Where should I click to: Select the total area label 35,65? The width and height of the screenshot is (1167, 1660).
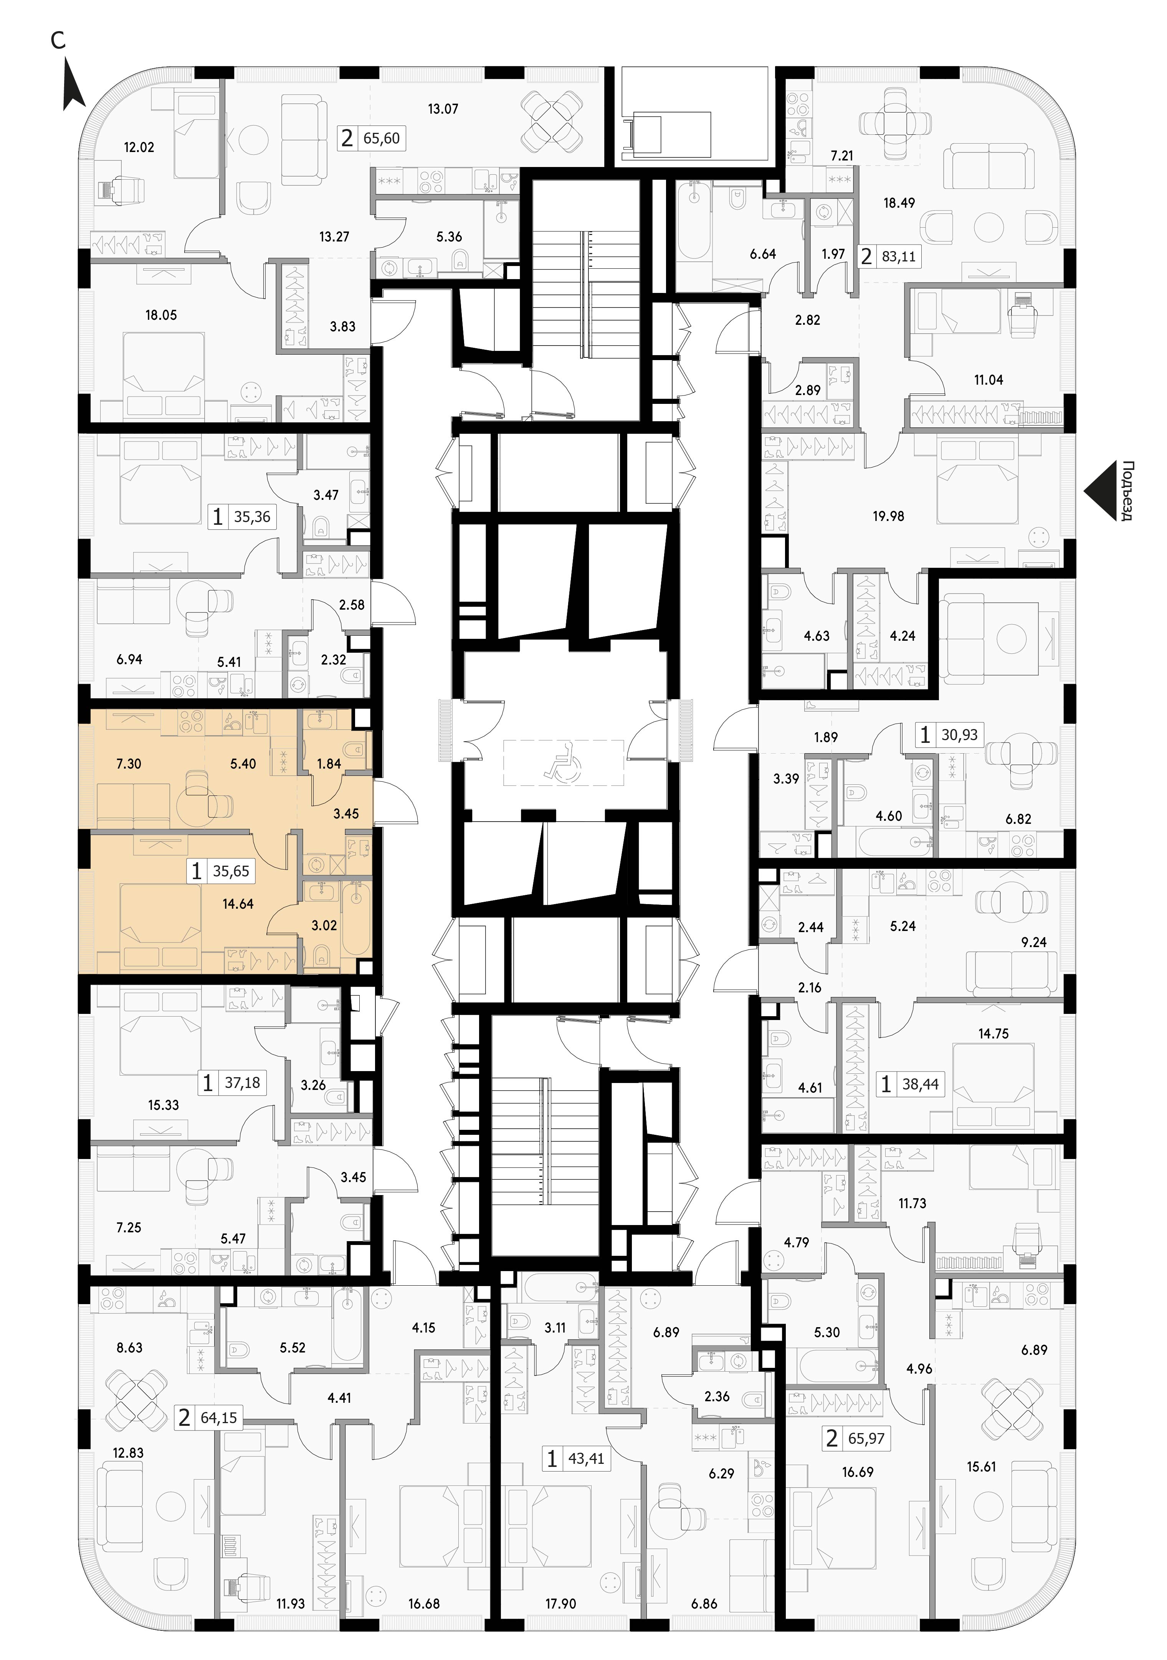coord(231,871)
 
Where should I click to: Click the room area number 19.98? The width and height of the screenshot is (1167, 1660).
coord(888,516)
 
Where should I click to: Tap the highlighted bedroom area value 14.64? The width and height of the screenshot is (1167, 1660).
coord(238,904)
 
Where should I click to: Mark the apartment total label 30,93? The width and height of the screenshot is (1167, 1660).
coord(959,735)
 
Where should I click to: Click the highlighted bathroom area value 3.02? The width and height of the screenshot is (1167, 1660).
coord(324,925)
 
